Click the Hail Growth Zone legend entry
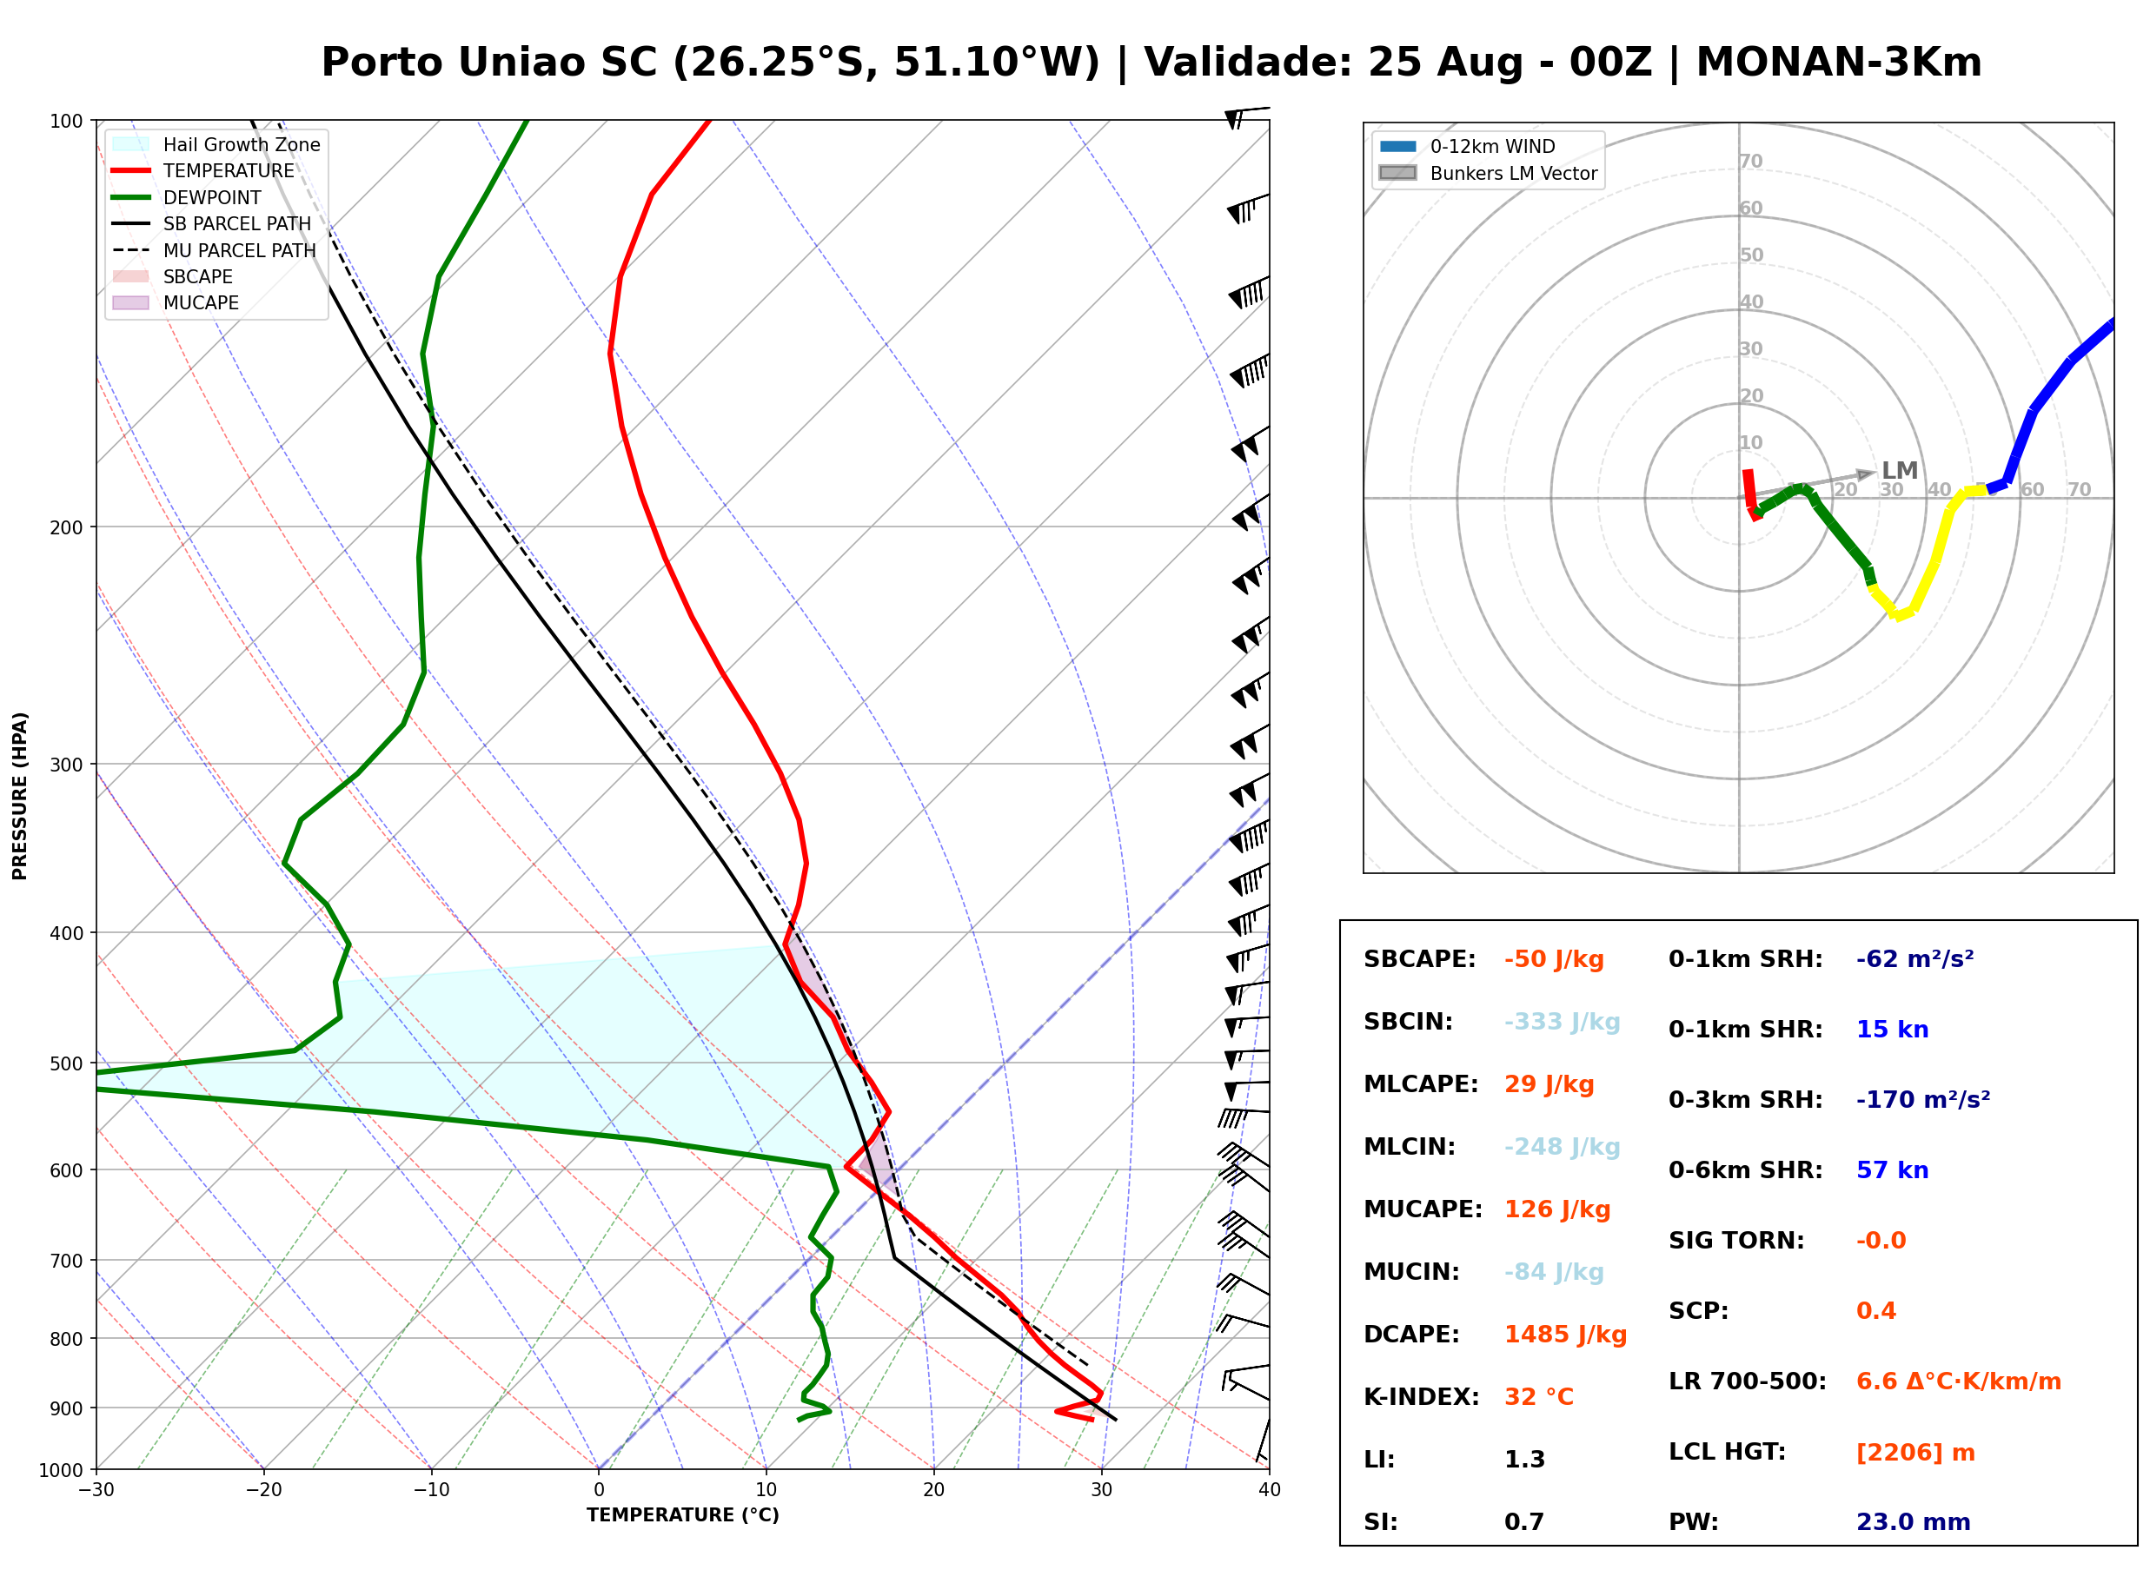pyautogui.click(x=216, y=144)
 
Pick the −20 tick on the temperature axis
pyautogui.click(x=263, y=1490)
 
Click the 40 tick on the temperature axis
pyautogui.click(x=1270, y=1490)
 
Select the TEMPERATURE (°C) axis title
pyautogui.click(x=683, y=1515)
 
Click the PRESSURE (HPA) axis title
pyautogui.click(x=20, y=796)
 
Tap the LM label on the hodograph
pyautogui.click(x=1900, y=471)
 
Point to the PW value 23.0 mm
pyautogui.click(x=1914, y=1522)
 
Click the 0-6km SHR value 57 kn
pyautogui.click(x=1892, y=1170)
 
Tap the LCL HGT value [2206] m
pyautogui.click(x=1915, y=1453)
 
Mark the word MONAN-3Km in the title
pyautogui.click(x=1838, y=63)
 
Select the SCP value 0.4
pyautogui.click(x=1875, y=1311)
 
